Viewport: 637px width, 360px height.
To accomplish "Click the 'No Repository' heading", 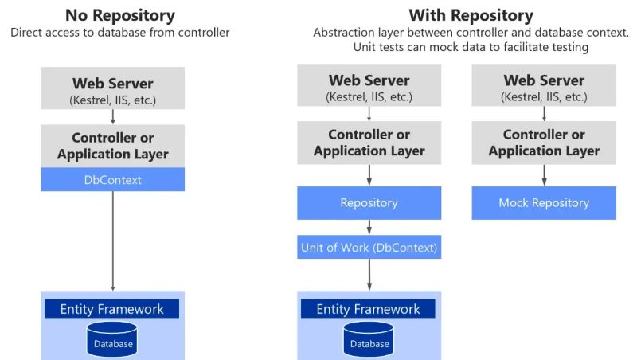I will pos(119,15).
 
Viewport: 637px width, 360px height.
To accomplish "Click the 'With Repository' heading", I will pos(471,15).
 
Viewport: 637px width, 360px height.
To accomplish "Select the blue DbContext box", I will pos(113,180).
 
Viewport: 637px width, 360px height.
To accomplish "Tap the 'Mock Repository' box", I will pos(544,203).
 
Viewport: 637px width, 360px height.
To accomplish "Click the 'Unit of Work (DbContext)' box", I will pos(369,248).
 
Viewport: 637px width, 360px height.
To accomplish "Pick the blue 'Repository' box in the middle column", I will pos(369,203).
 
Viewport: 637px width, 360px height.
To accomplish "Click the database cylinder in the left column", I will pos(112,339).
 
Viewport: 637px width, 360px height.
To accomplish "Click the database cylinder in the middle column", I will pos(369,339).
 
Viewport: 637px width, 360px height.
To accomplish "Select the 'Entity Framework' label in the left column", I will pos(112,309).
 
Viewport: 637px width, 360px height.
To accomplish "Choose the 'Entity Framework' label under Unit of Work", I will pos(369,309).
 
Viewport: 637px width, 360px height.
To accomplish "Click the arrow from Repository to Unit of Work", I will pos(369,227).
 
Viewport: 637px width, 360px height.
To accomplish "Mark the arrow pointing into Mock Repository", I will pos(544,175).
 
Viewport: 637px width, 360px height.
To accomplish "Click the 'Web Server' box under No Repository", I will pos(113,88).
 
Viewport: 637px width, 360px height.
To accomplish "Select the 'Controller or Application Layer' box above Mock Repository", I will pos(544,143).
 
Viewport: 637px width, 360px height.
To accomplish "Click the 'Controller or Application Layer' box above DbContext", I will pos(113,145).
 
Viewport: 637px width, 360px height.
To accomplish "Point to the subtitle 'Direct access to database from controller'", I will pos(119,33).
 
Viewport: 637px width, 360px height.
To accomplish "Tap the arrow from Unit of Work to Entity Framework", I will pos(369,275).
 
